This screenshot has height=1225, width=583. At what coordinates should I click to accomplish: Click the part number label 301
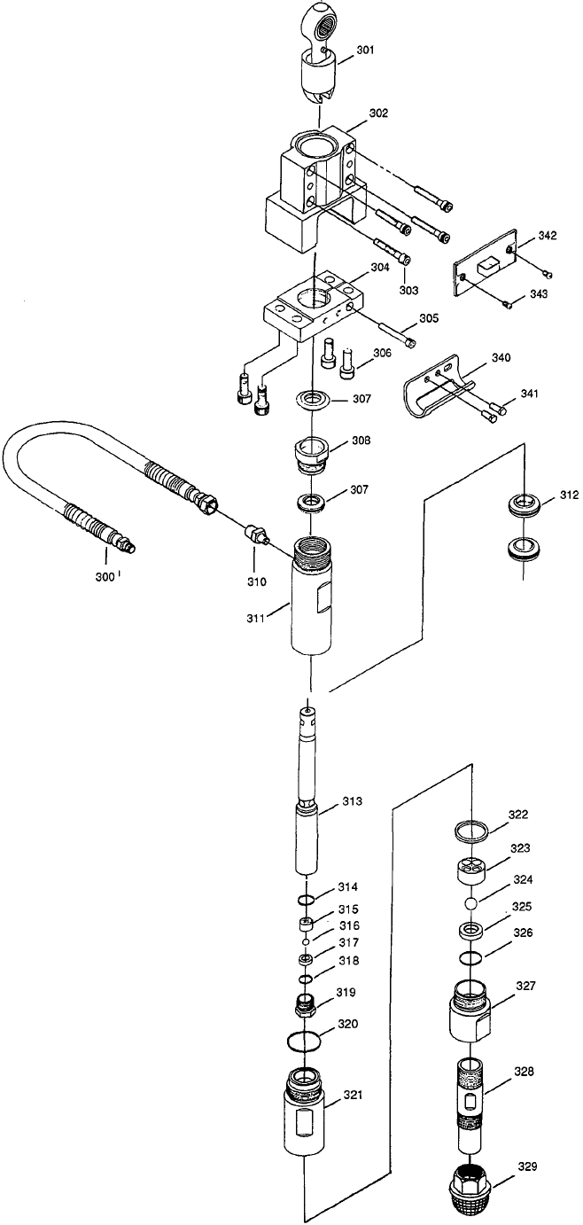tap(366, 51)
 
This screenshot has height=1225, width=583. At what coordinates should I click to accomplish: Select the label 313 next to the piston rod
tap(353, 800)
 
